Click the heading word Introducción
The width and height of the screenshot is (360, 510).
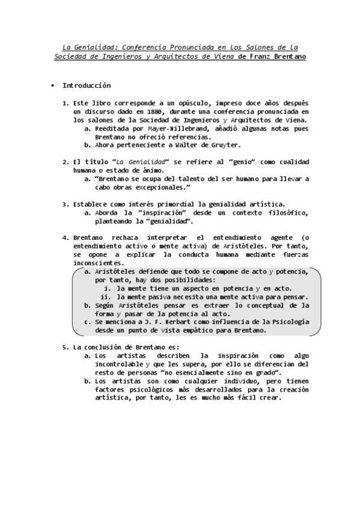[x=87, y=86]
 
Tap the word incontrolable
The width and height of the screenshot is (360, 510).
[x=119, y=364]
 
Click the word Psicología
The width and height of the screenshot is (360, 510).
[x=288, y=322]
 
